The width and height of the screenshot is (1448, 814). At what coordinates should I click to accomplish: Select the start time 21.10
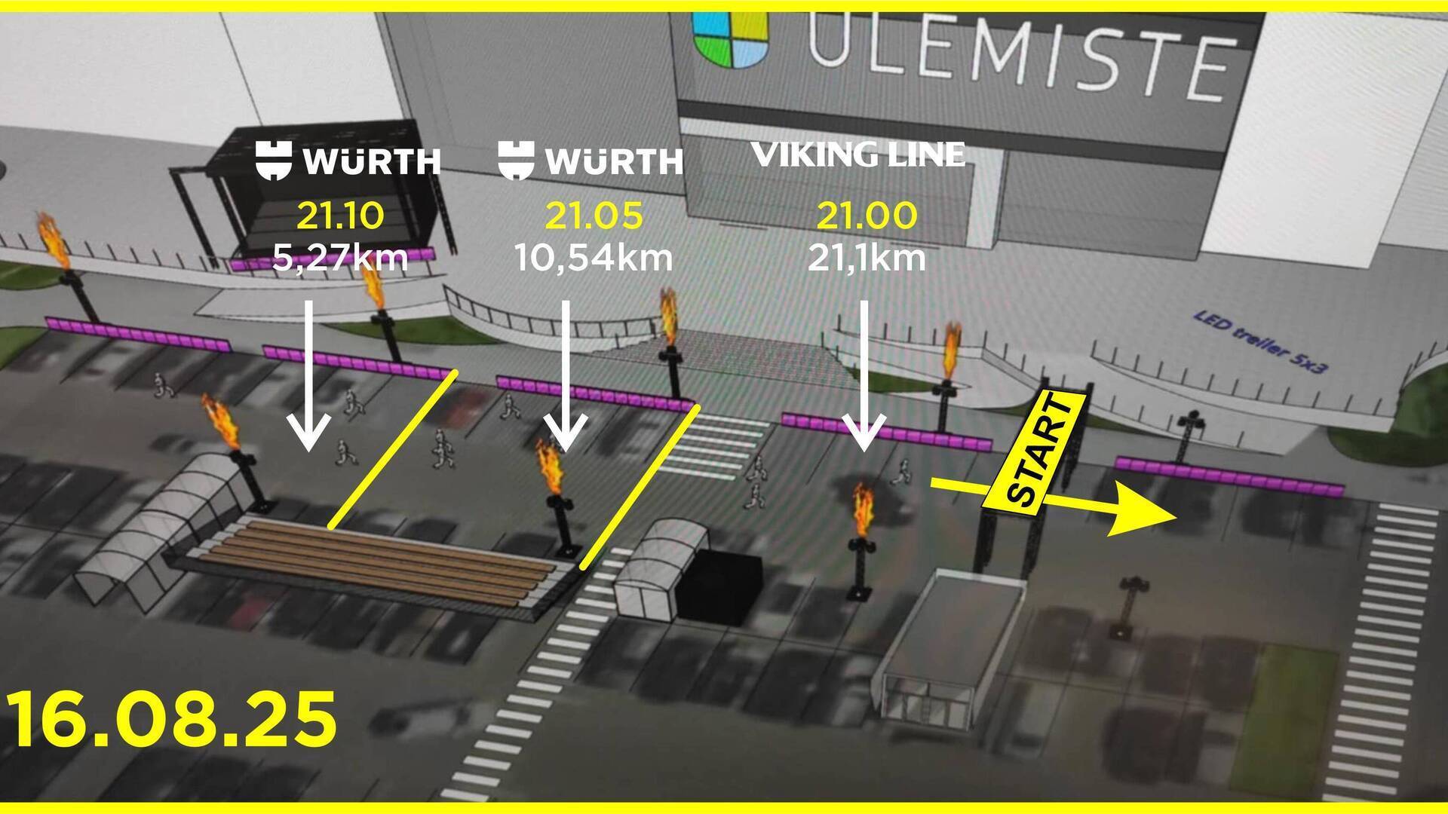point(340,216)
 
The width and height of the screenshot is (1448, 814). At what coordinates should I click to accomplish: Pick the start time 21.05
point(594,216)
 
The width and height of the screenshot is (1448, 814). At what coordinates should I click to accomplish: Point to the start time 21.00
point(867,216)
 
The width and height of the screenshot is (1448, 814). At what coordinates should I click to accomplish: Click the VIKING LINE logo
point(858,155)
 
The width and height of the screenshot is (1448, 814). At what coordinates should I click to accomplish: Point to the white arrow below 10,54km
point(566,377)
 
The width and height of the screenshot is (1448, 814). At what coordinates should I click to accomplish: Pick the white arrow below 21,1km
point(864,377)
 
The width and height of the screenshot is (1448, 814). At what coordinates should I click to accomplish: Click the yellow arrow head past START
point(1143,517)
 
